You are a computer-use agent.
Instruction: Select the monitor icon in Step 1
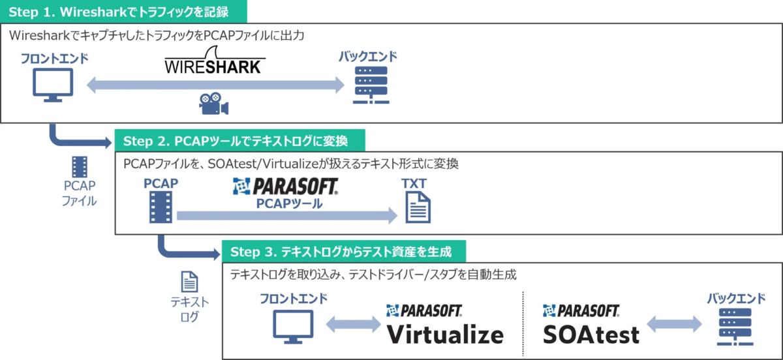(53, 86)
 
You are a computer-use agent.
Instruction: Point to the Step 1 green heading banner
(123, 12)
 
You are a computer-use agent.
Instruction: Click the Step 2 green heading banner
(239, 140)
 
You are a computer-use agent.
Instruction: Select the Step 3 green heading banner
(345, 252)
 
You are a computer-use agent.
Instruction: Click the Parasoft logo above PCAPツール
(285, 188)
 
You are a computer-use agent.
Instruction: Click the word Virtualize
(446, 333)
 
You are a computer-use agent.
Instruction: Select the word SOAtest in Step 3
(591, 333)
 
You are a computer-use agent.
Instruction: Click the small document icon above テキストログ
(189, 282)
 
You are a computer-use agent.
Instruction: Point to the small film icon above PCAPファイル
(79, 168)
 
